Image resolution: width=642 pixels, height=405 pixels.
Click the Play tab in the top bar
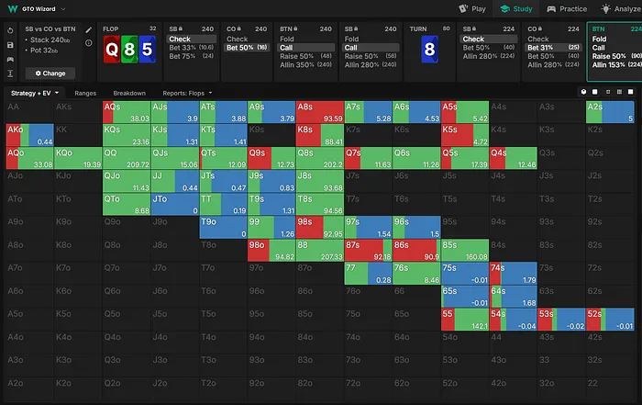click(x=472, y=8)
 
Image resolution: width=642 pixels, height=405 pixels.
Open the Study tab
click(x=516, y=8)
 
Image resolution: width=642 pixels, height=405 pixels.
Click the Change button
click(x=50, y=73)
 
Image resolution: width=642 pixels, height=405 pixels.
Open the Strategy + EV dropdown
click(x=34, y=93)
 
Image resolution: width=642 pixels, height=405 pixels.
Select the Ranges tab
click(x=86, y=93)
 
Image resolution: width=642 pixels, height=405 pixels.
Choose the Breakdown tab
click(x=128, y=93)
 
